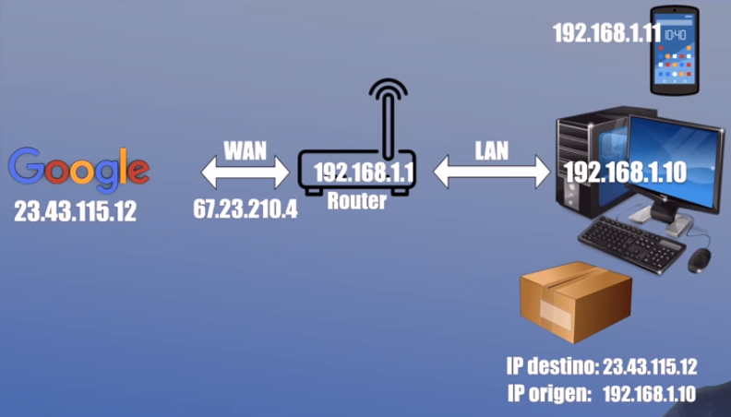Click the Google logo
click(x=78, y=170)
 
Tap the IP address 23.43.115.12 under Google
click(x=75, y=211)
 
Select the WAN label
click(x=246, y=150)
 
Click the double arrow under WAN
click(x=246, y=173)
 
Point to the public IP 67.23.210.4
click(x=246, y=209)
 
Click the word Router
click(x=357, y=201)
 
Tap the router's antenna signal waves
click(x=388, y=89)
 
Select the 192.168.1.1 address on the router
click(x=364, y=173)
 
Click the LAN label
click(x=491, y=150)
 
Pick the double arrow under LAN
click(x=492, y=172)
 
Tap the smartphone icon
click(x=675, y=50)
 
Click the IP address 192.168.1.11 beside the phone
click(x=607, y=33)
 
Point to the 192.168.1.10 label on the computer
click(x=626, y=173)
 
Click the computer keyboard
click(x=631, y=244)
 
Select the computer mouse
click(x=700, y=260)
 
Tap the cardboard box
click(x=576, y=302)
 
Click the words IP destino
click(x=552, y=367)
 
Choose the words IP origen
click(x=549, y=394)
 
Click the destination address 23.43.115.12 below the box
click(x=650, y=367)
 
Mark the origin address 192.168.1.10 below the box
click(x=650, y=394)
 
